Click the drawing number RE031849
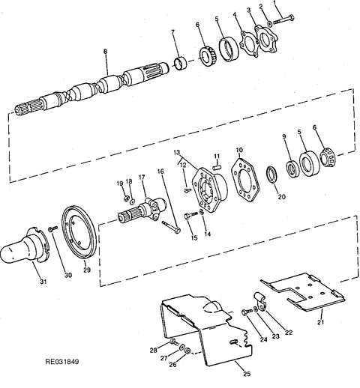(x=62, y=361)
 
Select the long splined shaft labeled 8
(x=92, y=89)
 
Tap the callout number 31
(x=43, y=282)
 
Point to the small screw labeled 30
(x=53, y=228)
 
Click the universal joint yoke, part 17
(x=142, y=211)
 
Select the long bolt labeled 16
(x=172, y=227)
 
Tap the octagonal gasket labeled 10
(x=245, y=179)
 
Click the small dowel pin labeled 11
(x=217, y=166)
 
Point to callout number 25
(x=247, y=374)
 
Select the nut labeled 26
(x=187, y=351)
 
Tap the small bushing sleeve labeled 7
(x=181, y=64)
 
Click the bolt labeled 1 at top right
(x=283, y=20)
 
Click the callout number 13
(x=177, y=152)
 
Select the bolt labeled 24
(x=247, y=312)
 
